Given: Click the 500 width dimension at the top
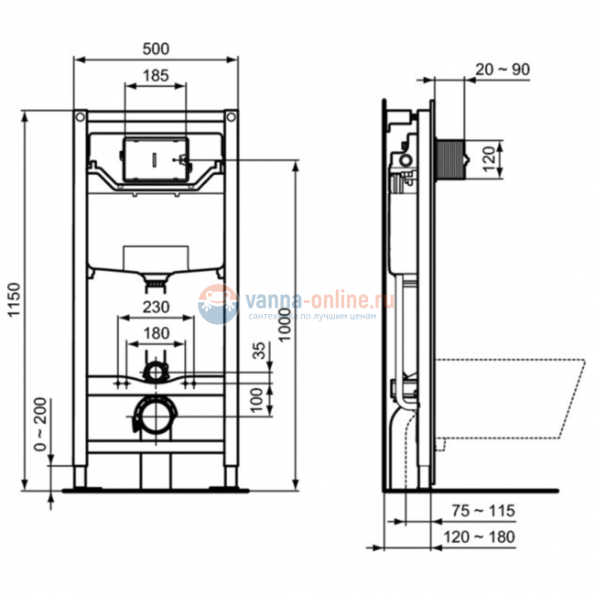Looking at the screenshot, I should pos(155,47).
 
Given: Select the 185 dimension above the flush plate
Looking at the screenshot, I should pos(155,78).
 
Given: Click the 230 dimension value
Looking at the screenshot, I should pos(155,309).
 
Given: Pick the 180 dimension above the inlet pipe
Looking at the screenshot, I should pos(155,333).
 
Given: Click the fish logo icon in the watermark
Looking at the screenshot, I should pos(217,303).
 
